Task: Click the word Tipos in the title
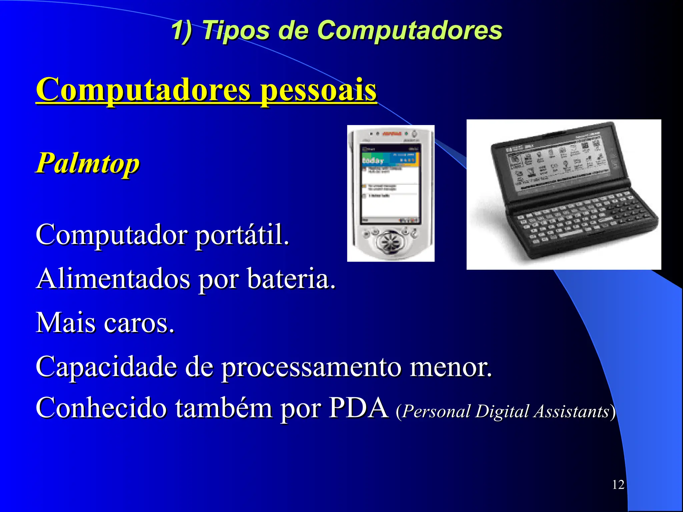(x=235, y=30)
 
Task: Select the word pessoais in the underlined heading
(x=318, y=90)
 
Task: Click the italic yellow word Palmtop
(x=88, y=163)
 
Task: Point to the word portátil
(x=242, y=235)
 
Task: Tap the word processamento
(x=311, y=367)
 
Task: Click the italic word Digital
(x=502, y=411)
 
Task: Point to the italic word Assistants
(x=572, y=411)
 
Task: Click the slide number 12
(x=618, y=484)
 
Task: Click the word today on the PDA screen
(x=373, y=161)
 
